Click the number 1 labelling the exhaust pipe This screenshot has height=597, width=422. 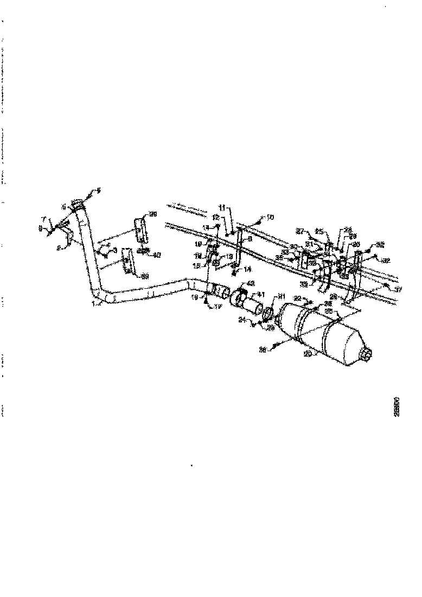[93, 304]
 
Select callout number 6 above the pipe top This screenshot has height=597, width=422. [99, 190]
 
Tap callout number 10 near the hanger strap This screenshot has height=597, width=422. [270, 217]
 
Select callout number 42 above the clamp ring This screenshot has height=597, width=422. [251, 283]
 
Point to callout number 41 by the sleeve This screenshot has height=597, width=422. [261, 294]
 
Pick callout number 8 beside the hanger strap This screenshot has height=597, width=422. [249, 238]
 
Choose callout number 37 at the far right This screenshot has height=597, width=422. [399, 290]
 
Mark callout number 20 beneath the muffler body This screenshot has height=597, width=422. [307, 354]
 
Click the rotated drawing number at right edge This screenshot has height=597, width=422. [398, 405]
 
